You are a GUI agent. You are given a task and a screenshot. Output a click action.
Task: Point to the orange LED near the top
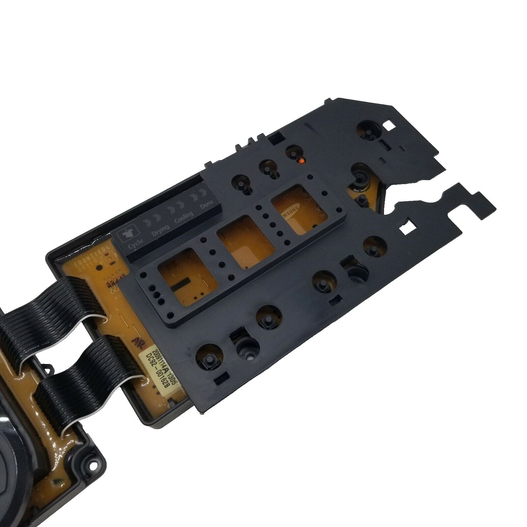tap(301, 160)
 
